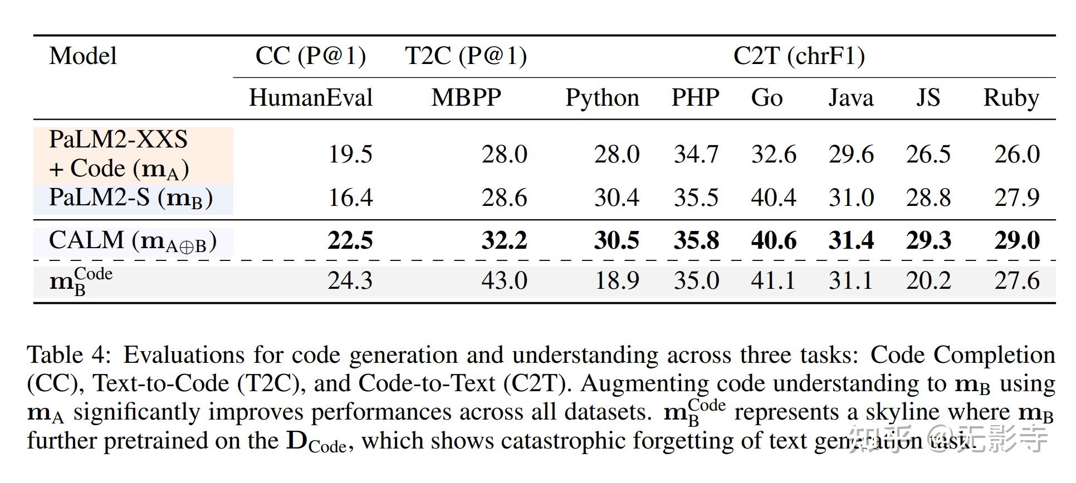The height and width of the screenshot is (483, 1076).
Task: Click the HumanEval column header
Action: tap(310, 98)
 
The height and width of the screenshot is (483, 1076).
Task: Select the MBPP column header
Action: tap(466, 98)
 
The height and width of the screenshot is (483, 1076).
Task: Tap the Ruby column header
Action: tap(1011, 98)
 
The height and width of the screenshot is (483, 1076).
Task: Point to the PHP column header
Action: tap(695, 98)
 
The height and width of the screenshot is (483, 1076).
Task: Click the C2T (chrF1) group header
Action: tap(799, 56)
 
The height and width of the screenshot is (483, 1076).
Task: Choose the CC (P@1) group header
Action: tap(310, 56)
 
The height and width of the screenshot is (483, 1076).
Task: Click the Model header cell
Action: tap(83, 56)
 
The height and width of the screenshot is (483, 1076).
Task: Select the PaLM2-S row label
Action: tap(131, 198)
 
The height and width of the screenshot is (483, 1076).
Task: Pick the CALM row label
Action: tap(133, 241)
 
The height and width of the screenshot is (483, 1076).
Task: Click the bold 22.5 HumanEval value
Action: tap(350, 241)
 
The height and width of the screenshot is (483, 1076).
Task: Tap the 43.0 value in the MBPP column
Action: tap(504, 280)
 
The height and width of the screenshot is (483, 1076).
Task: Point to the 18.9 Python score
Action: tap(617, 280)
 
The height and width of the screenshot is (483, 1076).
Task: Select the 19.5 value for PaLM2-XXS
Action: tap(350, 154)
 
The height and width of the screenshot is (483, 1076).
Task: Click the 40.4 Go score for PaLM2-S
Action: tap(773, 198)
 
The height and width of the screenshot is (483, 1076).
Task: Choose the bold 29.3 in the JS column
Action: tap(928, 241)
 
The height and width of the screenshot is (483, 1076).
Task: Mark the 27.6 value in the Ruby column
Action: tap(1016, 280)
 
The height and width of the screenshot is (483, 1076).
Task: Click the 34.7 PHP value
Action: tap(696, 154)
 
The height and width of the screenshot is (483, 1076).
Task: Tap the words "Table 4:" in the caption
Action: tap(70, 355)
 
